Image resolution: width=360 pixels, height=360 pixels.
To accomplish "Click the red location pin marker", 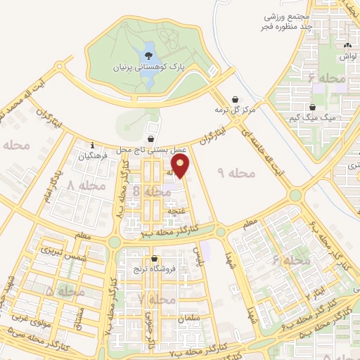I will [181, 166].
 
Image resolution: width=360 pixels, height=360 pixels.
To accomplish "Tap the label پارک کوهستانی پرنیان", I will [150, 67].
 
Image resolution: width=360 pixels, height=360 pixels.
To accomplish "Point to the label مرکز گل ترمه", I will [235, 110].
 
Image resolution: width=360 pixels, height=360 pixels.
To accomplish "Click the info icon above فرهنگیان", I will [93, 146].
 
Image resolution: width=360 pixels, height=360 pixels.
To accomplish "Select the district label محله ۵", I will [65, 290].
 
